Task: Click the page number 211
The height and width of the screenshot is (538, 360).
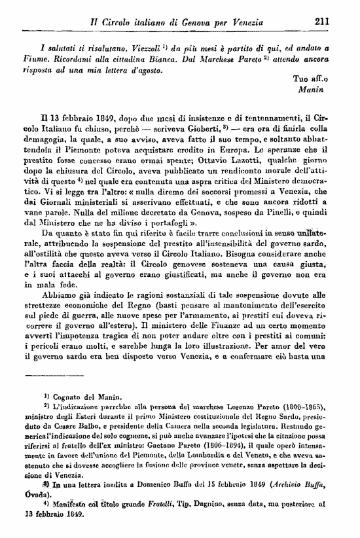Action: coord(321,21)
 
